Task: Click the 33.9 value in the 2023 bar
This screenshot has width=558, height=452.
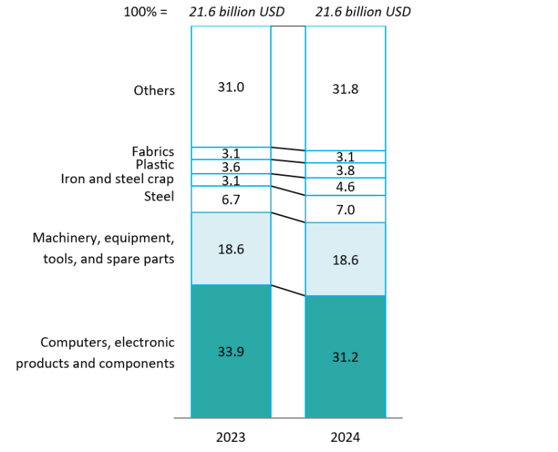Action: [x=230, y=352]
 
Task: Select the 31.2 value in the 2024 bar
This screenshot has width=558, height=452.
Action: [x=345, y=357]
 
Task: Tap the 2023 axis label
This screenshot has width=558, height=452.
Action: [x=230, y=437]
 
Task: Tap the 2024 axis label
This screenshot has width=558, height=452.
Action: [x=345, y=437]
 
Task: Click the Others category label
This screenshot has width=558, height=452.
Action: [x=154, y=91]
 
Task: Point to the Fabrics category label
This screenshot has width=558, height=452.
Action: [x=153, y=151]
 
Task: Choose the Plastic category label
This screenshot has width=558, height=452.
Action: [x=155, y=165]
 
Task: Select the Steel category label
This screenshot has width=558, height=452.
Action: [x=159, y=196]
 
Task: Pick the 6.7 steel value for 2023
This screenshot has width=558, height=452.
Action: [x=230, y=199]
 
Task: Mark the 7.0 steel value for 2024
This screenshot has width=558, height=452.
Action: [x=345, y=209]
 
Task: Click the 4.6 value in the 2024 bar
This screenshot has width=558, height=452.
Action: [x=345, y=187]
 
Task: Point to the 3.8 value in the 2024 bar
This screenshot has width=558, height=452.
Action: [x=345, y=171]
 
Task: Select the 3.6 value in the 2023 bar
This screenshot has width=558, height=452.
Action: [x=230, y=167]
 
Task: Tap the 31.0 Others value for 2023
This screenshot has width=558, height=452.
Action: [x=230, y=86]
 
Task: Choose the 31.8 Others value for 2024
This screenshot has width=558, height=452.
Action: [x=345, y=89]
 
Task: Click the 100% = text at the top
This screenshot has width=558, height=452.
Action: [x=145, y=12]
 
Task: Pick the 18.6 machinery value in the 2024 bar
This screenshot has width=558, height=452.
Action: [x=345, y=259]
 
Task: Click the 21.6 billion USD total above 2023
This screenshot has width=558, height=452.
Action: [x=227, y=12]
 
